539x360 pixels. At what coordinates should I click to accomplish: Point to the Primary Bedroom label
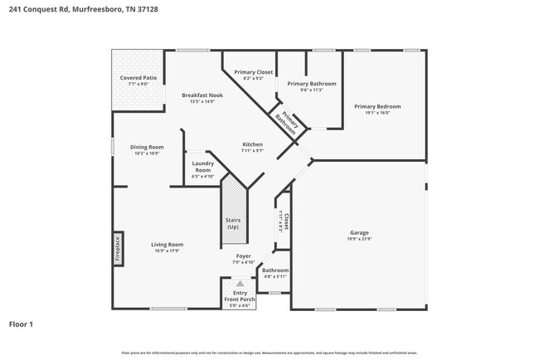[377, 106]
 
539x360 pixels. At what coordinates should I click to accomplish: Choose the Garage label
[359, 233]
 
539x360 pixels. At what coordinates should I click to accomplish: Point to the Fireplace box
[118, 250]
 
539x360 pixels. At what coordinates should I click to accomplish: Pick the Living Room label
[167, 245]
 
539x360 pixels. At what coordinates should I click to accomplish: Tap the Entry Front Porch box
[240, 296]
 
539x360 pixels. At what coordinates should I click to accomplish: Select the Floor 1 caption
[21, 324]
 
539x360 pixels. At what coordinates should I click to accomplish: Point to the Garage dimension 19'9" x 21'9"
[359, 239]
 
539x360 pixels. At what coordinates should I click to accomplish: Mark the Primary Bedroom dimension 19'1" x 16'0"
[377, 113]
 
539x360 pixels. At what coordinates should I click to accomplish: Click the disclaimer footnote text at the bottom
[269, 353]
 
